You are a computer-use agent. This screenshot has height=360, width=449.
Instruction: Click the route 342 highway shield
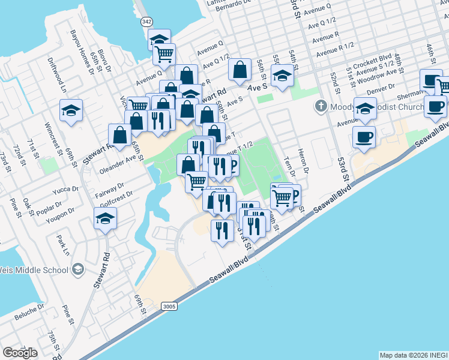147,21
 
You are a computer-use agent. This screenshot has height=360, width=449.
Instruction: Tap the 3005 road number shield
169,307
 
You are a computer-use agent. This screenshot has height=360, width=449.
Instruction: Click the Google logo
20,353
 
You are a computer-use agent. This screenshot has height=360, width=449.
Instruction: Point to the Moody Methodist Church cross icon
321,107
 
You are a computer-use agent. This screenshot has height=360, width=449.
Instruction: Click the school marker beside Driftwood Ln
70,111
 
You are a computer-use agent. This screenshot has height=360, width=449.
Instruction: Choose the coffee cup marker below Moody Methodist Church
364,137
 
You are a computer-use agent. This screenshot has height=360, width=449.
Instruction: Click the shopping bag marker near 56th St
240,70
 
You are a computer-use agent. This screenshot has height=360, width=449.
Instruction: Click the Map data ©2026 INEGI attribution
413,355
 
